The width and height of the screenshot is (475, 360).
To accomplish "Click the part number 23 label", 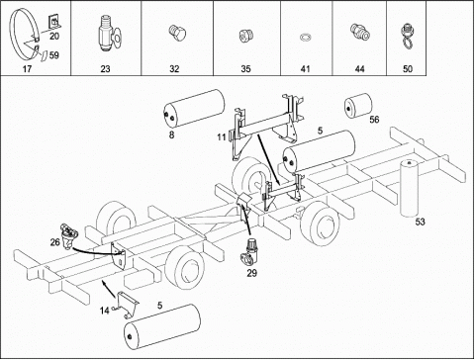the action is pyautogui.click(x=105, y=69).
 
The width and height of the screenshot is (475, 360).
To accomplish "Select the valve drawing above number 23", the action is pyautogui.click(x=109, y=35).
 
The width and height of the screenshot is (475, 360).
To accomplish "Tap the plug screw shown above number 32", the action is pyautogui.click(x=177, y=34).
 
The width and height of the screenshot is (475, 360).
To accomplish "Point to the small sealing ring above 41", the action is pyautogui.click(x=305, y=37).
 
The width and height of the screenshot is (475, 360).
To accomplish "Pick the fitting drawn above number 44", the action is pyautogui.click(x=359, y=32).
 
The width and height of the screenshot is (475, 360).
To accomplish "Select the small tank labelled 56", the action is pyautogui.click(x=358, y=105).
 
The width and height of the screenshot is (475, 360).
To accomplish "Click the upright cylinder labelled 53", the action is pyautogui.click(x=409, y=188).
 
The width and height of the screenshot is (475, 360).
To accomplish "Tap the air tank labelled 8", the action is pyautogui.click(x=194, y=108).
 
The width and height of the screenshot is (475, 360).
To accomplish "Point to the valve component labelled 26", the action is pyautogui.click(x=67, y=236).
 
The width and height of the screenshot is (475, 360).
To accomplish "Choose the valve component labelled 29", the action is pyautogui.click(x=250, y=251).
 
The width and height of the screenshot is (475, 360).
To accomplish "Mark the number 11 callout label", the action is pyautogui.click(x=222, y=136).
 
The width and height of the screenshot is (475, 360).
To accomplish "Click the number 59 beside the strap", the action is pyautogui.click(x=54, y=55).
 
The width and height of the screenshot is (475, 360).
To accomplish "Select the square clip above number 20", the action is pyautogui.click(x=54, y=22).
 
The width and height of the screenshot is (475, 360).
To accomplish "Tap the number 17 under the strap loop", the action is pyautogui.click(x=27, y=69).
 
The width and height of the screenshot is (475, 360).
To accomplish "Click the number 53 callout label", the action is pyautogui.click(x=420, y=222).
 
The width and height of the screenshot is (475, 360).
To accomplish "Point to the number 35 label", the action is pyautogui.click(x=245, y=69).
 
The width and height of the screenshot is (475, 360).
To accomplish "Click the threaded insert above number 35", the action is pyautogui.click(x=245, y=36).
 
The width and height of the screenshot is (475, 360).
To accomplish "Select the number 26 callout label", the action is pyautogui.click(x=55, y=242).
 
